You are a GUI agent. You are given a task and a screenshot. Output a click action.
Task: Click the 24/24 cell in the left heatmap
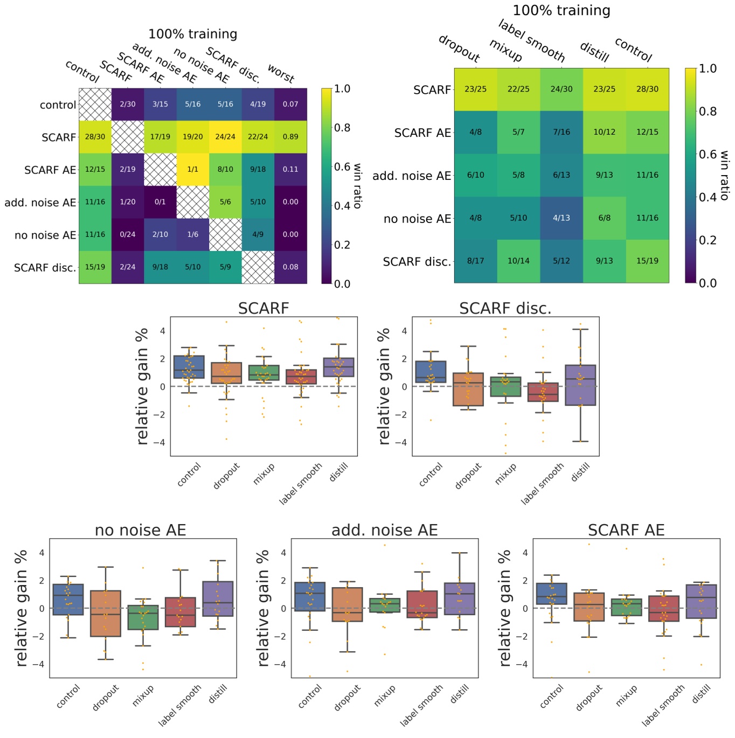coord(225,137)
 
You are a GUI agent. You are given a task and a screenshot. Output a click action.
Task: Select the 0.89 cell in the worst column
coord(290,137)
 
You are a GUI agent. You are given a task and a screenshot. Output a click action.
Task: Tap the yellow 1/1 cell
coord(193,169)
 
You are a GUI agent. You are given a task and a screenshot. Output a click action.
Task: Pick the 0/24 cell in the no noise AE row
coord(128,234)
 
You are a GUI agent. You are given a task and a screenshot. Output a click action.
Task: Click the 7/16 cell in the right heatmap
coord(561,132)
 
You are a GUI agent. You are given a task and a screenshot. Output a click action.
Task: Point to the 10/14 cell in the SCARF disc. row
coord(518,261)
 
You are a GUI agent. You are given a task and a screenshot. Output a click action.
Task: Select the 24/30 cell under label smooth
coord(561,89)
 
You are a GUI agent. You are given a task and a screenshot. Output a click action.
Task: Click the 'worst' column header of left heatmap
coord(281,74)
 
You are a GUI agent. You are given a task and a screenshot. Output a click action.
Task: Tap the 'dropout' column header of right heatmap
coord(459,48)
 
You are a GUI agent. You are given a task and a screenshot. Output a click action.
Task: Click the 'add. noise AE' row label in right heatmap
coord(412,176)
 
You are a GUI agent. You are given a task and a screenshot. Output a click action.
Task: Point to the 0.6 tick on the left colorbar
coord(342,166)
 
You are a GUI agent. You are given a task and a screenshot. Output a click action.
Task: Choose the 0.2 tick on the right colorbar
coord(708,240)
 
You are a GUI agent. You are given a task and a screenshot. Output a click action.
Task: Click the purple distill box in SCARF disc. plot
coord(580,385)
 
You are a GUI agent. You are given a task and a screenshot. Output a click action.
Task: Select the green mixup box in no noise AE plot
coord(143,617)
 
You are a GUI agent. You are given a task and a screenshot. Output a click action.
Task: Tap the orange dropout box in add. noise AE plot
coord(347,604)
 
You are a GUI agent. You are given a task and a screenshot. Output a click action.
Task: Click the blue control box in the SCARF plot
coord(189,367)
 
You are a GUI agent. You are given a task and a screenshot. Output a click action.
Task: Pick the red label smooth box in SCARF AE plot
coord(664,608)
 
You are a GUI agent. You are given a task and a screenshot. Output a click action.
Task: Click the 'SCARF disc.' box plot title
coord(505,308)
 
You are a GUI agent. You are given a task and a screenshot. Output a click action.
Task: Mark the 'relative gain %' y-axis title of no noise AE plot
coord(22,608)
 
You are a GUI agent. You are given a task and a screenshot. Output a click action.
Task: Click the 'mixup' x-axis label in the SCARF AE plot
coord(627,696)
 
